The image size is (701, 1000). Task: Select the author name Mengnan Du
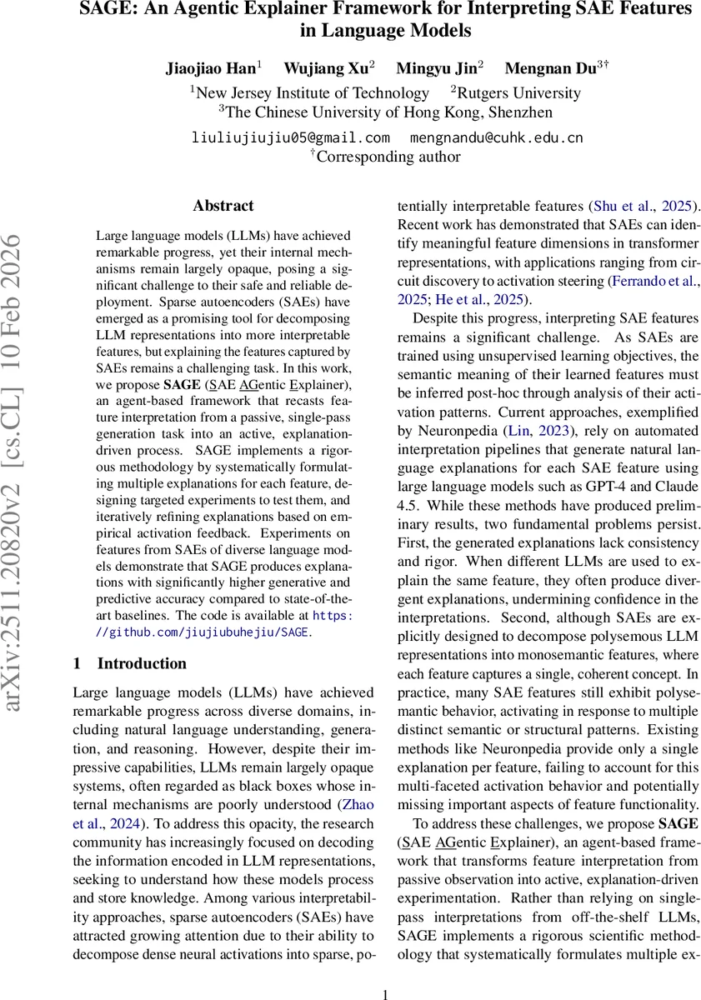(550, 68)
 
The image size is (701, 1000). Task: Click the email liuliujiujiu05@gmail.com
(292, 137)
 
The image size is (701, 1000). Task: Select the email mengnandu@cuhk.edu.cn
(497, 137)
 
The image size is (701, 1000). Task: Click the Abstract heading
(223, 205)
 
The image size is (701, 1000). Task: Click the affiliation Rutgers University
(515, 93)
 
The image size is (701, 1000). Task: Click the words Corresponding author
(388, 156)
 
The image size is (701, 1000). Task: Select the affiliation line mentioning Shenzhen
(385, 112)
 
